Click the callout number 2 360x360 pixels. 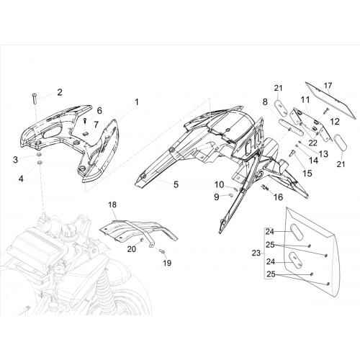(x=60, y=92)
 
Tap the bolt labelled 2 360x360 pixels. (x=34, y=98)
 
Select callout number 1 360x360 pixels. (x=136, y=102)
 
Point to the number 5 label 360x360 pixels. (x=176, y=184)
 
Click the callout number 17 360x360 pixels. (x=328, y=86)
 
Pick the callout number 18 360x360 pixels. (x=112, y=204)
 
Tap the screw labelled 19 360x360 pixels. (x=162, y=251)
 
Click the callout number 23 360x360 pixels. (x=256, y=253)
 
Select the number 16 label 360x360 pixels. (x=279, y=197)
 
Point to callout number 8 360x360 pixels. (x=265, y=102)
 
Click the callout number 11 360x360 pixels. (x=306, y=100)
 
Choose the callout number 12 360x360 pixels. (x=335, y=122)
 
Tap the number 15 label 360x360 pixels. (x=307, y=173)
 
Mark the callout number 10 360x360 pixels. (x=219, y=185)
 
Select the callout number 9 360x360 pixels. (x=217, y=197)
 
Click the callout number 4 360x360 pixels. (x=21, y=179)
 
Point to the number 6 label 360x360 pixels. (x=99, y=111)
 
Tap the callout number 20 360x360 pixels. (x=132, y=249)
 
